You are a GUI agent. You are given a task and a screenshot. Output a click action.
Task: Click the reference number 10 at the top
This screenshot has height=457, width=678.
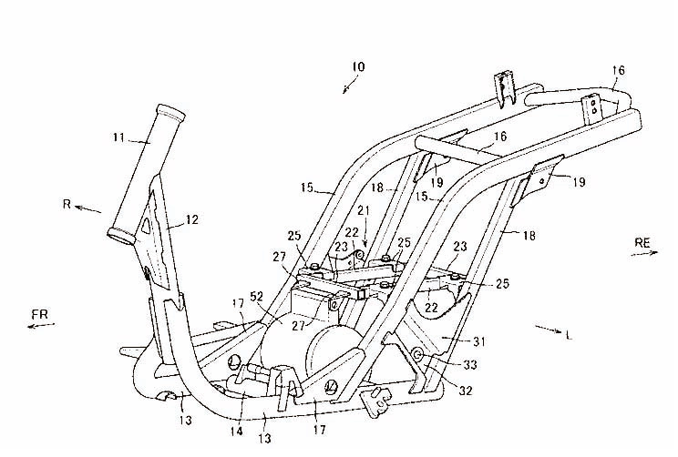click(356, 67)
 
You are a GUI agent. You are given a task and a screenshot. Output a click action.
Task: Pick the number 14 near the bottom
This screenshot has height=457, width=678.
click(237, 432)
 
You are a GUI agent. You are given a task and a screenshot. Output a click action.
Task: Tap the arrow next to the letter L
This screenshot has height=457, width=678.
click(546, 328)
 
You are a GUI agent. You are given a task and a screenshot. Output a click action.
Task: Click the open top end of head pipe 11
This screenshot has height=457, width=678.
click(172, 114)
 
